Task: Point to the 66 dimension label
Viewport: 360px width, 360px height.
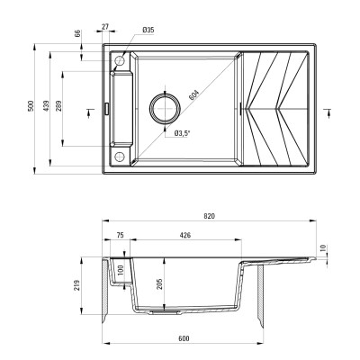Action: (x=78, y=34)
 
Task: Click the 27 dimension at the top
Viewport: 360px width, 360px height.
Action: (x=106, y=27)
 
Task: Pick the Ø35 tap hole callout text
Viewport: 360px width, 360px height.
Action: (x=148, y=31)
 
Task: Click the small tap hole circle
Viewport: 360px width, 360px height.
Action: (x=119, y=59)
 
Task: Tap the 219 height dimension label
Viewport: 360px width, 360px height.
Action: (x=80, y=286)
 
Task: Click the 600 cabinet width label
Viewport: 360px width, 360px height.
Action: (x=184, y=337)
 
